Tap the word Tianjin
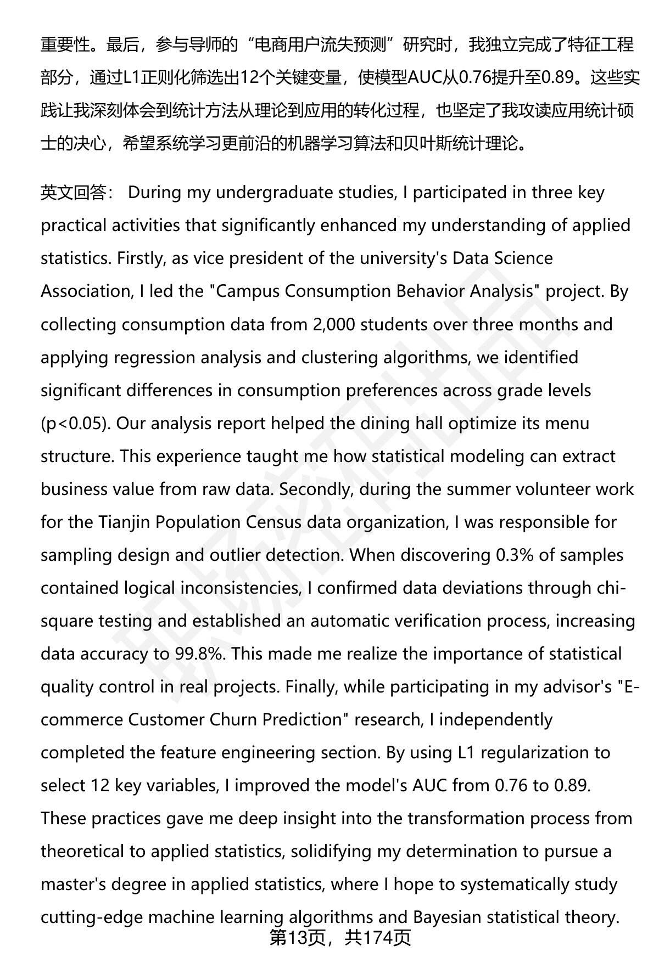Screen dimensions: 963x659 pos(125,522)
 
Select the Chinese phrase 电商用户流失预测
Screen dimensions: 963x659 pos(321,44)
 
